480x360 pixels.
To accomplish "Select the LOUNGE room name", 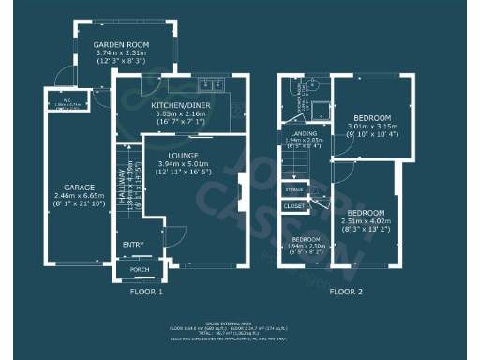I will click(185, 155).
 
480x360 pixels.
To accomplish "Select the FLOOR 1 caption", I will click(146, 292).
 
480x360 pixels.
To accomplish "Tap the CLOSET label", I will click(294, 205).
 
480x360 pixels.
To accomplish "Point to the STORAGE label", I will click(294, 189).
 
